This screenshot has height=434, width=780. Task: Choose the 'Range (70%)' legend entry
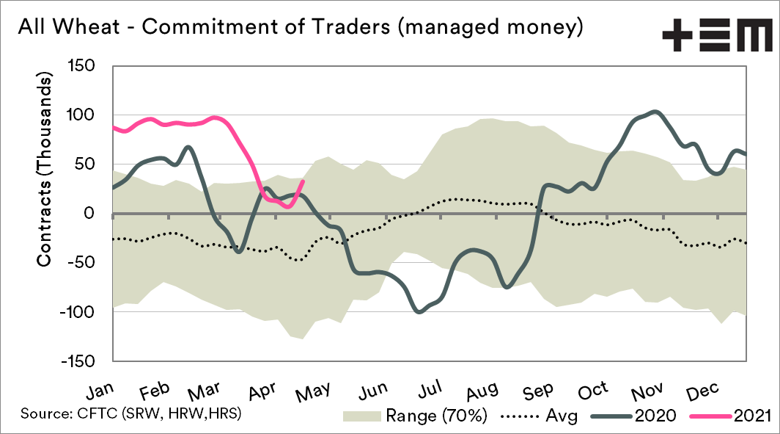pos(416,416)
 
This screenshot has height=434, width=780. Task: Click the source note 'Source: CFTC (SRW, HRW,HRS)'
pos(132,413)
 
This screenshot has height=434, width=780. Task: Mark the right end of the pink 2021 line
pos(303,181)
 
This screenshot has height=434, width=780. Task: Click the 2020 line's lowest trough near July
pos(419,312)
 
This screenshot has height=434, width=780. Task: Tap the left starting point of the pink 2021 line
pos(113,127)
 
